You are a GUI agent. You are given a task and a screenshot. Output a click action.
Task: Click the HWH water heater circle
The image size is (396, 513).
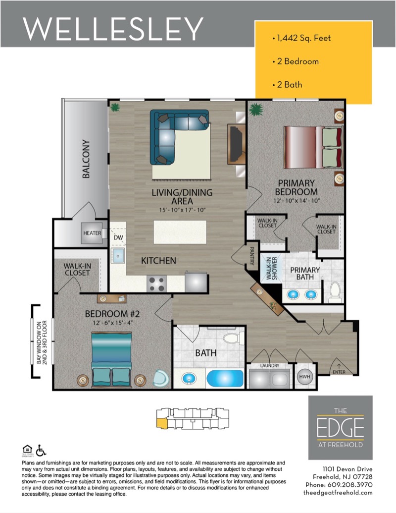304,377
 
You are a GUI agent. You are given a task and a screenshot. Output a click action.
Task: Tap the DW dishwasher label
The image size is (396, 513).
118,237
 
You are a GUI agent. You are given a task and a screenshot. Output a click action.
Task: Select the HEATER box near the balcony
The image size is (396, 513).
92,233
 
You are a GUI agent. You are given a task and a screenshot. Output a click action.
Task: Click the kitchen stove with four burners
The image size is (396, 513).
156,284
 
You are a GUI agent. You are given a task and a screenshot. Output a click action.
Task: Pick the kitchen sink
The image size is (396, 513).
118,255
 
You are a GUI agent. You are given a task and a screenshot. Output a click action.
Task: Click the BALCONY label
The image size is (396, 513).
86,159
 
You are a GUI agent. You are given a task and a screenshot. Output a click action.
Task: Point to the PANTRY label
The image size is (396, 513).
252,256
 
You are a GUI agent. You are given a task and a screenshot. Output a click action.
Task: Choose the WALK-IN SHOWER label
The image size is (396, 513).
272,268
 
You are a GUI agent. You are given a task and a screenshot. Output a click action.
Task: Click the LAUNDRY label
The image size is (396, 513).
270,365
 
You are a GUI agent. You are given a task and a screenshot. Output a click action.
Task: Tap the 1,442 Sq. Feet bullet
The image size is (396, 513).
301,38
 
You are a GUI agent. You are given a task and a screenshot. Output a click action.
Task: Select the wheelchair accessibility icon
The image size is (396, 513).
41,450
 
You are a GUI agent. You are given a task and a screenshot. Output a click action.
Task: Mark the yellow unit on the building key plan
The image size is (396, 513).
162,422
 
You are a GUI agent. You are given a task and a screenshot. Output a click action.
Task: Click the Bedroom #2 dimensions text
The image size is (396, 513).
112,323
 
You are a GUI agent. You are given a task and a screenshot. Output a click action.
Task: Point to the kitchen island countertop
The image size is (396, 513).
180,231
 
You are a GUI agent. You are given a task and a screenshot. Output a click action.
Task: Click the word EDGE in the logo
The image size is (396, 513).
340,427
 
